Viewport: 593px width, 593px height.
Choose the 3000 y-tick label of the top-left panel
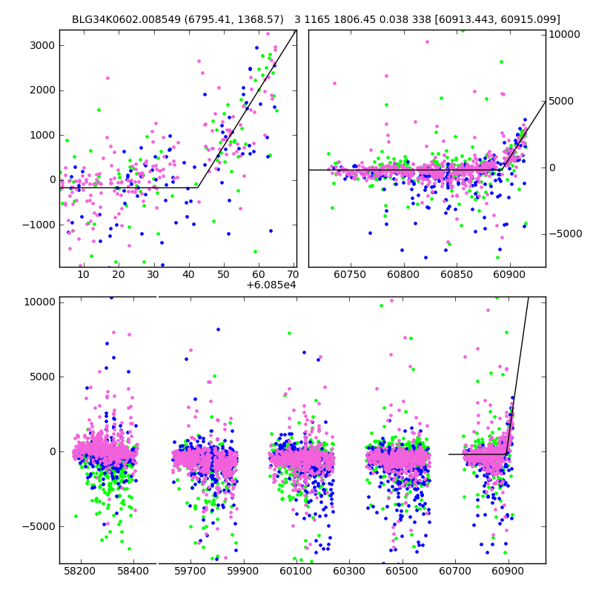click(x=42, y=45)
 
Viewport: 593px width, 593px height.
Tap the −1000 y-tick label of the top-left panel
click(x=39, y=225)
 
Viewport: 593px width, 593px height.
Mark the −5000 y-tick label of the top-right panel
click(x=567, y=234)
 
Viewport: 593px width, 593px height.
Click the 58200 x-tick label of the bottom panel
click(x=79, y=572)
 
